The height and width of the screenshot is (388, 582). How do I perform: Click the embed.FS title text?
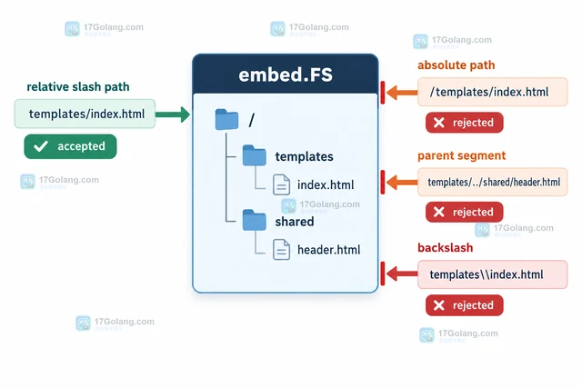[286, 75]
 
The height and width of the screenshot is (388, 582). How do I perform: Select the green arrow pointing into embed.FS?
[173, 114]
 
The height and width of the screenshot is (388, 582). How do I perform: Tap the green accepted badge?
[70, 146]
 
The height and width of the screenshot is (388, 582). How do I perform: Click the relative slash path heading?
[78, 87]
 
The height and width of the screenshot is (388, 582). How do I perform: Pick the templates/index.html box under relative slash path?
[85, 114]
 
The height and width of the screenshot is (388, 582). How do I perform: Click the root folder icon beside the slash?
[226, 119]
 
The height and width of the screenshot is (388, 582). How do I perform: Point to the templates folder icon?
[255, 155]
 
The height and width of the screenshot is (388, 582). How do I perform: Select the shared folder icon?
[255, 220]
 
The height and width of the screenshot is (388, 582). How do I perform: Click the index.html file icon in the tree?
[281, 184]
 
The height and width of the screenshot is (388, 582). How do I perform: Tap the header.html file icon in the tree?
[281, 249]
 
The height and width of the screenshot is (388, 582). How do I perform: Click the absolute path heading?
[457, 65]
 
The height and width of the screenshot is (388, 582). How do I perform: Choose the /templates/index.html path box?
[493, 92]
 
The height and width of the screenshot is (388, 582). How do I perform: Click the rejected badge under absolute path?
[465, 123]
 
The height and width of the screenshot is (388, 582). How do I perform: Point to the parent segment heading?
[461, 155]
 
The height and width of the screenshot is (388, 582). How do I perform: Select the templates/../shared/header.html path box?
[493, 182]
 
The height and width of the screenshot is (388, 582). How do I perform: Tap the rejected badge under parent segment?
[465, 213]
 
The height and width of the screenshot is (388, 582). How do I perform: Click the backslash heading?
[446, 247]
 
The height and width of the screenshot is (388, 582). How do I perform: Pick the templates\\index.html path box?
[493, 274]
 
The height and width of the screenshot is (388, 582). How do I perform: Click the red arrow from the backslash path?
[402, 274]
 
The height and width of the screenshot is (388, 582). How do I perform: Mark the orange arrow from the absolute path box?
[402, 93]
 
